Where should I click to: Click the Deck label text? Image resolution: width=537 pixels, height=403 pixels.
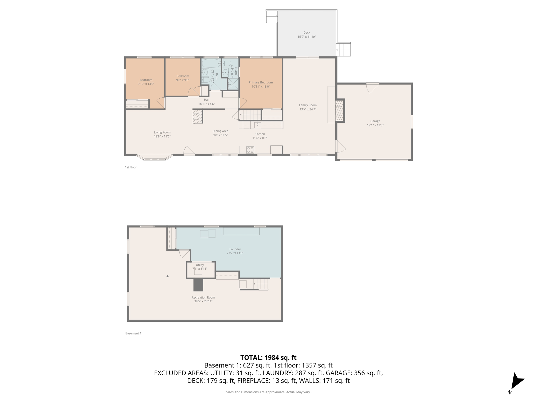(307, 33)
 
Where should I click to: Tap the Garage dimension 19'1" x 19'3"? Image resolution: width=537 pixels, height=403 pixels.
(375, 125)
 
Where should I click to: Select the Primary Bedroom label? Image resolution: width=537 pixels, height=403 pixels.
(261, 82)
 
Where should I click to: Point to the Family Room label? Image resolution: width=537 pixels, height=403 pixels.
(308, 105)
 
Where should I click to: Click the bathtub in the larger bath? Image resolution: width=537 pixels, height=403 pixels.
(211, 63)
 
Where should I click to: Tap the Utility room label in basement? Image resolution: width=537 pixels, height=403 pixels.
(200, 265)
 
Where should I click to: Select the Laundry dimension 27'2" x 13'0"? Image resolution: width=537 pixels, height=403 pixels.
(235, 253)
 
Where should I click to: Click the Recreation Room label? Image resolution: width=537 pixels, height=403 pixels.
(203, 298)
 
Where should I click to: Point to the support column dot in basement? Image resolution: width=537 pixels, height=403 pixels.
(168, 276)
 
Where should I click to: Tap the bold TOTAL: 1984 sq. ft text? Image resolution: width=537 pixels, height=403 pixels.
(268, 358)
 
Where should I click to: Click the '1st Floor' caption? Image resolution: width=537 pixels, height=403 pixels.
(131, 167)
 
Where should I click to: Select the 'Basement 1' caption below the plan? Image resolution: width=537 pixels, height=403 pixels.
(133, 333)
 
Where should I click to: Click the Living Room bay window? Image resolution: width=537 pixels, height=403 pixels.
(154, 158)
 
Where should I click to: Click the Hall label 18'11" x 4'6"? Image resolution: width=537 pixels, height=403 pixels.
(207, 102)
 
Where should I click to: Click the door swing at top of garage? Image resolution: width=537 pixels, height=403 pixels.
(372, 88)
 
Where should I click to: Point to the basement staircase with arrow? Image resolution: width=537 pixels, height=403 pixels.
(261, 284)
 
